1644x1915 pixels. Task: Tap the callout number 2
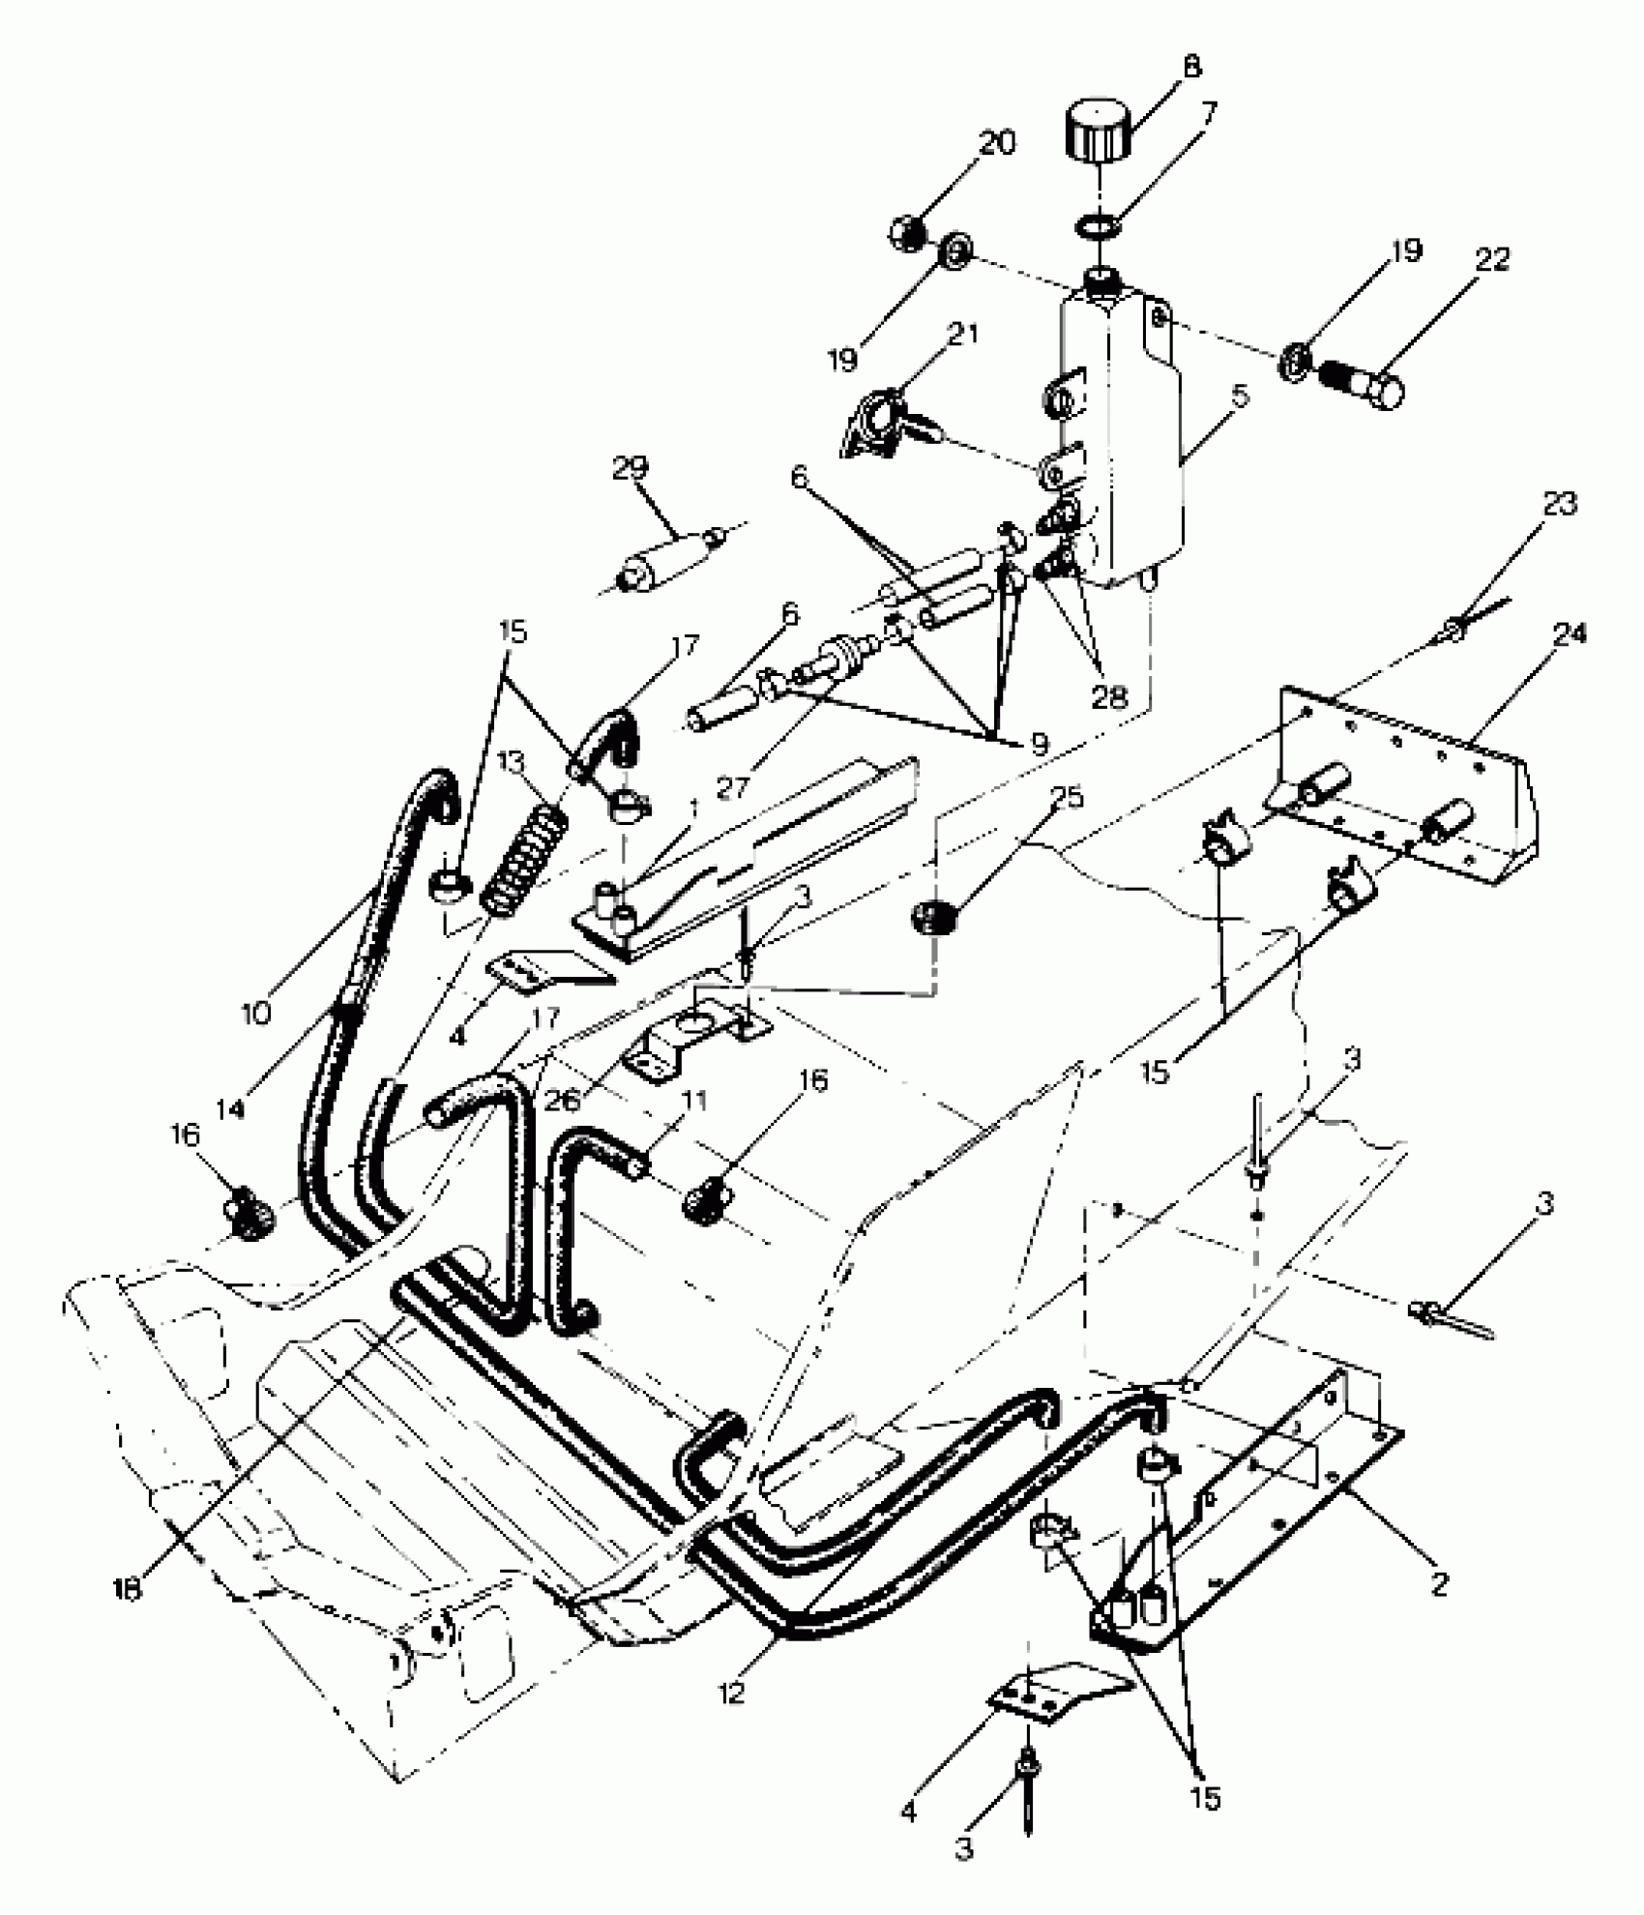coord(1439,1583)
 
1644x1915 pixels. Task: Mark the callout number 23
coord(1560,503)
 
